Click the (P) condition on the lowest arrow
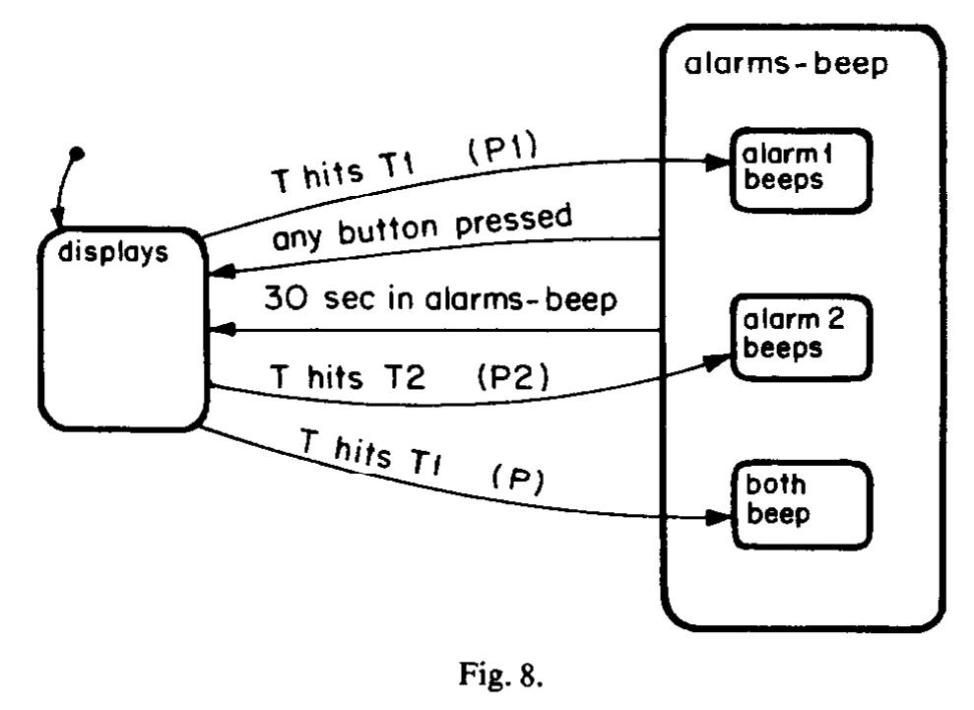(x=517, y=481)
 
